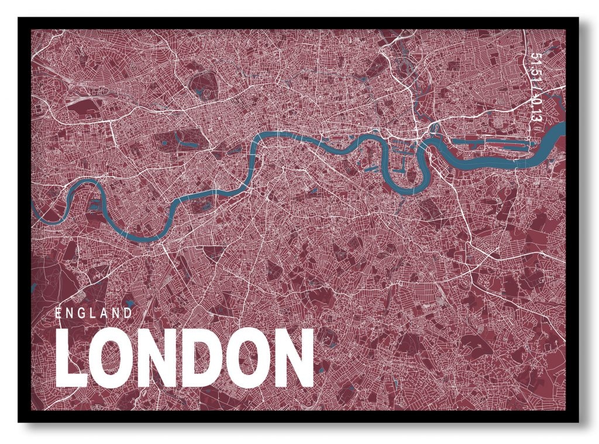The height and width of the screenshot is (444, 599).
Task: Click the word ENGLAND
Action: pos(94,313)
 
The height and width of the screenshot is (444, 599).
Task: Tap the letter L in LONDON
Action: pos(71,358)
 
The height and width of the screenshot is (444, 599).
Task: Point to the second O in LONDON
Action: pos(245,358)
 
